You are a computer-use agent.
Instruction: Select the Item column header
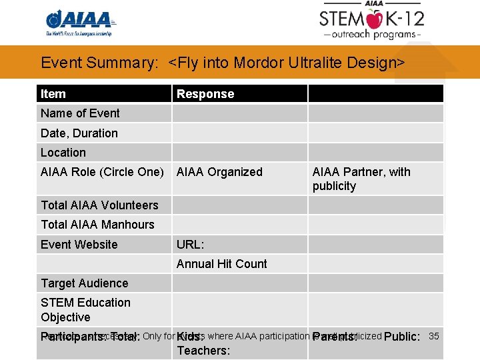pos(53,94)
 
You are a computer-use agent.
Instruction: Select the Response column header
pos(205,94)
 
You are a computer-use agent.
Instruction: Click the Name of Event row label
pos(80,113)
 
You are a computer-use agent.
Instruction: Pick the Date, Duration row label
pos(79,133)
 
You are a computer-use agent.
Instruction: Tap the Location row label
pos(63,153)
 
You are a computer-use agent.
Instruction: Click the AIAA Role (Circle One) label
pos(102,172)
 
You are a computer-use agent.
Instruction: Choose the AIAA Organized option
pos(219,172)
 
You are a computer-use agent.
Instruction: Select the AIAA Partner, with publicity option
pos(361,179)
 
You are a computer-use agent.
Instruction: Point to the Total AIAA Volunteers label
pos(99,205)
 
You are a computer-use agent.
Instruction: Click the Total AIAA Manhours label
pos(97,225)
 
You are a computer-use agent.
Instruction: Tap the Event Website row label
pos(79,245)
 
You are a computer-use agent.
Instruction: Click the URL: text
pos(190,245)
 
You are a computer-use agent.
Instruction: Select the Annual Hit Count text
pos(221,264)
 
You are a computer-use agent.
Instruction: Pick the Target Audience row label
pos(84,283)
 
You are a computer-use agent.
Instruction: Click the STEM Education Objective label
pos(85,310)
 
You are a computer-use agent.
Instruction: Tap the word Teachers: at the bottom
pos(203,351)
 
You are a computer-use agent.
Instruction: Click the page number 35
pos(433,336)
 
